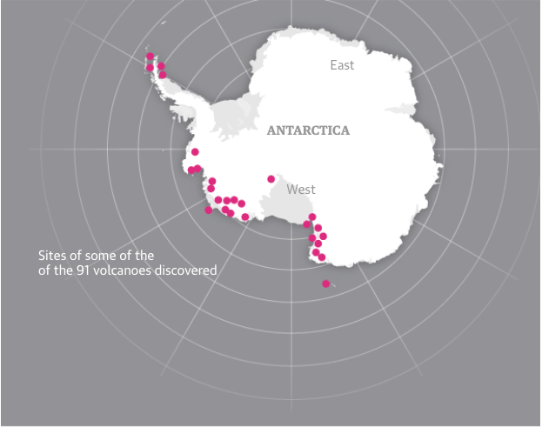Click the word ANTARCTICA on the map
[308, 130]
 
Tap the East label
[342, 65]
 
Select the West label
[301, 190]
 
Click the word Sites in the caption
[53, 256]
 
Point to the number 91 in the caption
[88, 270]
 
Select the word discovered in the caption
[186, 270]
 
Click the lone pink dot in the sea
[326, 284]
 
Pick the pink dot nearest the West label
[271, 179]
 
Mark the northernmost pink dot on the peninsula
[150, 57]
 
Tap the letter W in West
[291, 190]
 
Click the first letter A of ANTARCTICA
[271, 130]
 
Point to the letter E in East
[333, 65]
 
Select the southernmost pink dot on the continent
[322, 257]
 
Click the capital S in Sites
[41, 256]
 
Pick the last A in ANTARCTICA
[345, 130]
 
